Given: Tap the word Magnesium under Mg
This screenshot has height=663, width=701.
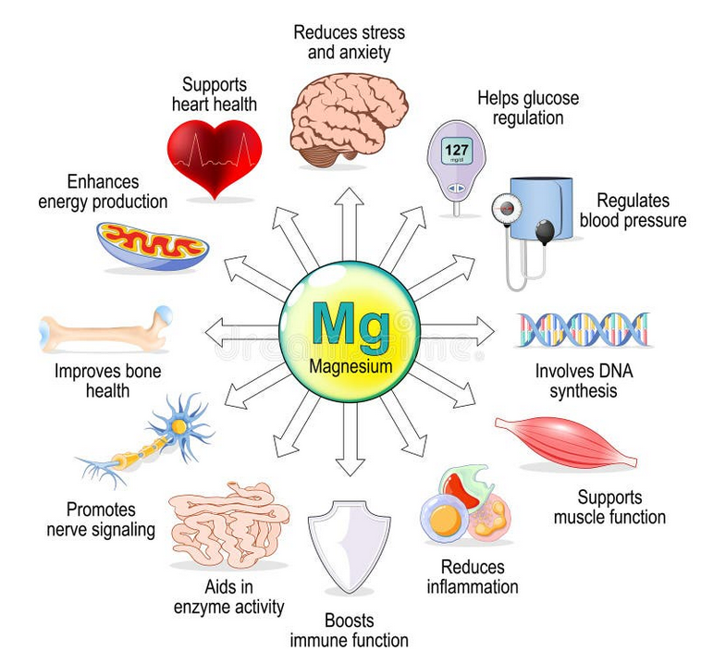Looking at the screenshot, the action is click(350, 366).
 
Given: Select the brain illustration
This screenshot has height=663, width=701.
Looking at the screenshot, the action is click(350, 120).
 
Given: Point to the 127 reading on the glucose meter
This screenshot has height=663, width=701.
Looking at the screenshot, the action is click(457, 150).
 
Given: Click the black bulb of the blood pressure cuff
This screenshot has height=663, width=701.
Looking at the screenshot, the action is click(545, 231).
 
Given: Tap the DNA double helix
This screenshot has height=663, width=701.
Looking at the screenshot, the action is click(583, 330).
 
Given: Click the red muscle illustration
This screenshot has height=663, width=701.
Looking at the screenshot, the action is click(566, 443).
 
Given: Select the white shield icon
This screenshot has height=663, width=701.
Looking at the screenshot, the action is click(350, 546).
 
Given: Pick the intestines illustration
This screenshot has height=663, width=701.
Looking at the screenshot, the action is click(229, 524).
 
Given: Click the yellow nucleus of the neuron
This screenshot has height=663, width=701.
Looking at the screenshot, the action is click(178, 426).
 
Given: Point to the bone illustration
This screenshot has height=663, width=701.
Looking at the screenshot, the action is click(105, 329).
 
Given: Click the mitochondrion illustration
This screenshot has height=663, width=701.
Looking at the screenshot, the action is click(153, 246).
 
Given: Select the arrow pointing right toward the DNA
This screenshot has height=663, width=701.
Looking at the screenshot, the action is click(458, 331).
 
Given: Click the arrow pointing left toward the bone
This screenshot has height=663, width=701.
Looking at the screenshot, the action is click(242, 332).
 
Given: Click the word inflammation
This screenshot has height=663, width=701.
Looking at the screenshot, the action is click(473, 587).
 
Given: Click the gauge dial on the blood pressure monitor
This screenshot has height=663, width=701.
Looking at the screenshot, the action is click(507, 207).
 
